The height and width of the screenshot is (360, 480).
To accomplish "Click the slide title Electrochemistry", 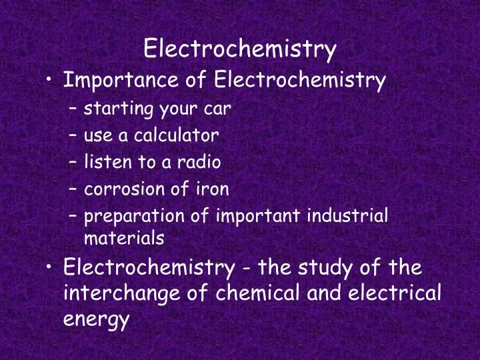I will pyautogui.click(x=240, y=48).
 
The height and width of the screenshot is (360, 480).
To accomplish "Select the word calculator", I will pyautogui.click(x=177, y=136).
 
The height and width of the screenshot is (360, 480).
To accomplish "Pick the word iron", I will pyautogui.click(x=213, y=189).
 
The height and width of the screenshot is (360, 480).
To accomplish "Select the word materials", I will pyautogui.click(x=124, y=237).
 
